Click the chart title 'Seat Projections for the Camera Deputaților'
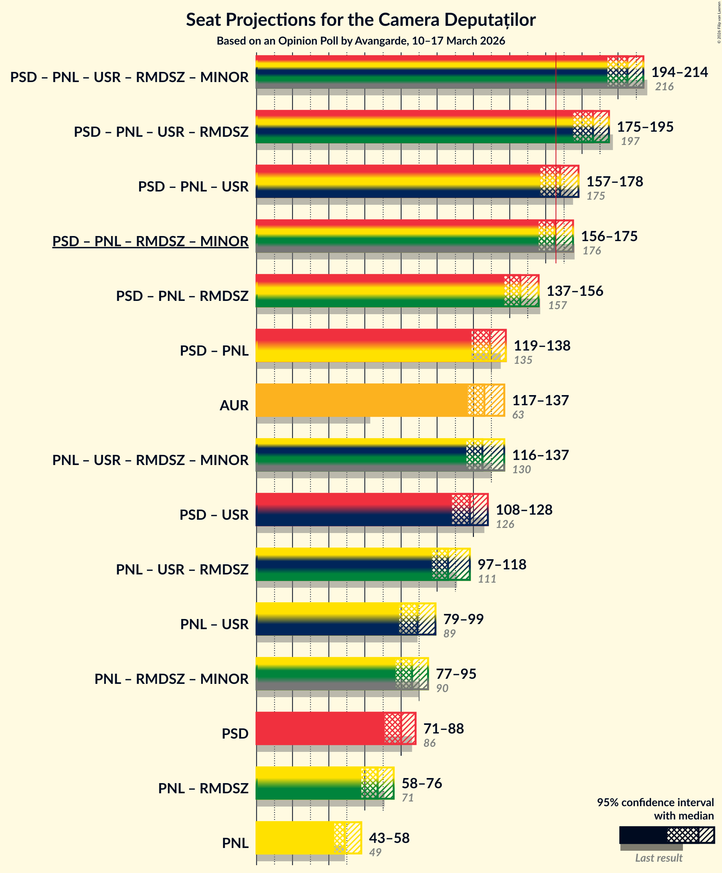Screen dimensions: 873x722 [360, 20]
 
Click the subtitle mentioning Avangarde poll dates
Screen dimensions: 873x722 [360, 41]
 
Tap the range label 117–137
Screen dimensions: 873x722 [540, 400]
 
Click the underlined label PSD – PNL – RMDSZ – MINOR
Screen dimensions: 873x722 [150, 241]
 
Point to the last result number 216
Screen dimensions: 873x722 [664, 86]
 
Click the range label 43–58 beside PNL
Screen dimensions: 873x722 [389, 838]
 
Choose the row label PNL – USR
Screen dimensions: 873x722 [214, 624]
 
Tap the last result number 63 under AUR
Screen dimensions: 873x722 [518, 415]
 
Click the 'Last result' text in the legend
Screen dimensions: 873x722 [658, 858]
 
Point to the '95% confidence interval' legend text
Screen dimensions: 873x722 [655, 802]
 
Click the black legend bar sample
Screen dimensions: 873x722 [643, 835]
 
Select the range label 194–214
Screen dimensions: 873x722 [679, 72]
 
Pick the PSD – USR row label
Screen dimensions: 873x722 [214, 515]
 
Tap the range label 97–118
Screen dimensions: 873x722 [502, 564]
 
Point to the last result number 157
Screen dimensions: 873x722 [557, 305]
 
